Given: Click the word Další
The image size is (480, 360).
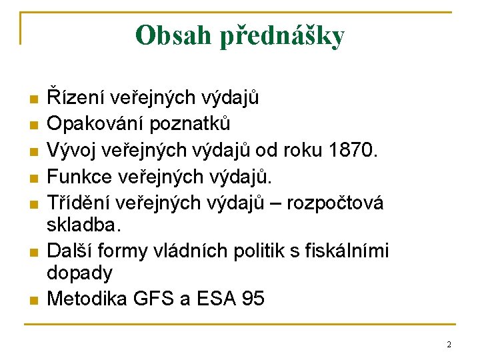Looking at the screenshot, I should pos(69,251).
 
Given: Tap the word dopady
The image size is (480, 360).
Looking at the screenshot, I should pos(80,272).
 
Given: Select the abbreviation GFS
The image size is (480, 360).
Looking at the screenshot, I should pos(157,298).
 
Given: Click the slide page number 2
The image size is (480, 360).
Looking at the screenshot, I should pos(449,344).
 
